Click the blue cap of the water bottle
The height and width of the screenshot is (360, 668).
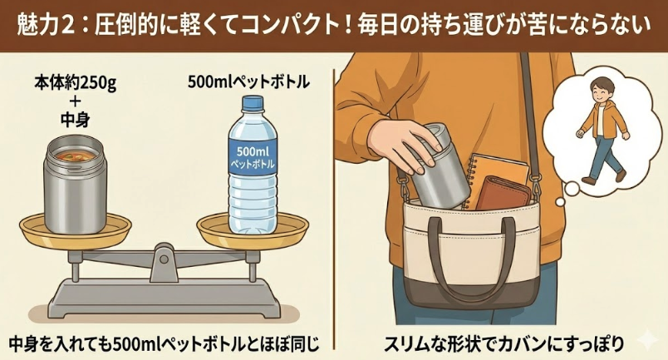pos(251,104)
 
